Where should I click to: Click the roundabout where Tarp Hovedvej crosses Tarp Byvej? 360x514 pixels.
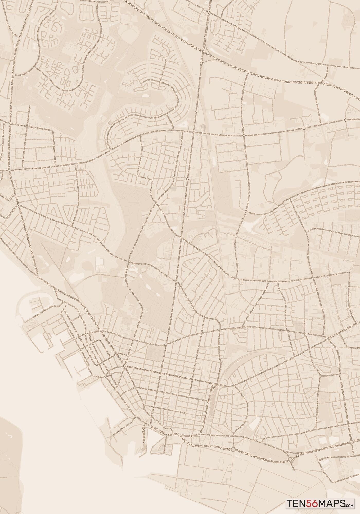[x=208, y=12]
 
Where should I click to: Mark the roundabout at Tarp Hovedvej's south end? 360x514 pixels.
[x=201, y=62]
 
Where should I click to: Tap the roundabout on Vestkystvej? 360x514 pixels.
[x=248, y=72]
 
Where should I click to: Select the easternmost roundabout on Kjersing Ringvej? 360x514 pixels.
[x=345, y=120]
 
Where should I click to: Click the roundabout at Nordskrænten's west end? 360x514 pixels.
[x=246, y=212]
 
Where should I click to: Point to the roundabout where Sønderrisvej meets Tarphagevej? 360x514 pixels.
[x=13, y=75]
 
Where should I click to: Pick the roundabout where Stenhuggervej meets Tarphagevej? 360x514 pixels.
[x=10, y=124]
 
